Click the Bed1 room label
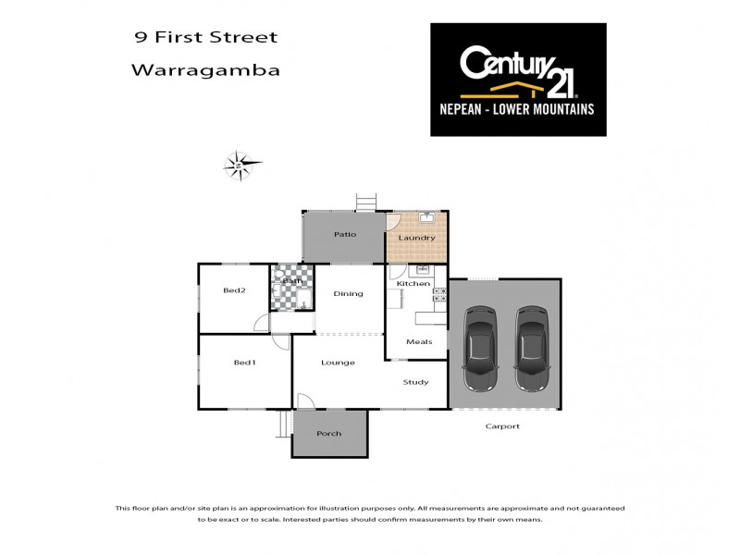(x=244, y=362)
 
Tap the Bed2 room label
(x=234, y=290)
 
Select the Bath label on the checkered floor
(x=292, y=281)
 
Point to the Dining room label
(x=348, y=294)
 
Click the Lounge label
(x=338, y=363)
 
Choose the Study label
(x=415, y=381)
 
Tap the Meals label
(x=419, y=341)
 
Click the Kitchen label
(x=413, y=283)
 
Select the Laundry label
(x=416, y=238)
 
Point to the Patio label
(x=345, y=234)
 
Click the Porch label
(x=328, y=433)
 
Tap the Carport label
(x=503, y=426)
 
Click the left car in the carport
(x=479, y=350)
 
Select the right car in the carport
(x=531, y=350)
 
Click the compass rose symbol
(x=240, y=165)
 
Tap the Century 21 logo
(x=518, y=80)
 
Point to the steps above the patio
(x=366, y=201)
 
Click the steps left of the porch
(x=284, y=425)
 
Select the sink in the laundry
(x=426, y=219)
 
